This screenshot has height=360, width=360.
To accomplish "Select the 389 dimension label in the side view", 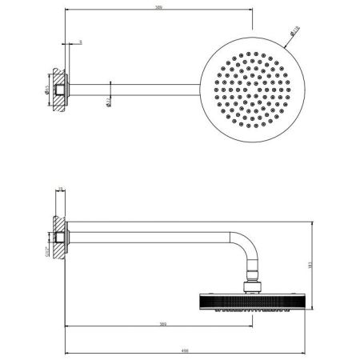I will click(x=162, y=324).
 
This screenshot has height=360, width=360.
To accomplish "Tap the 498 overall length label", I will click(x=185, y=349).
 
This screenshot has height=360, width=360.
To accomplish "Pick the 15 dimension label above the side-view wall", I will click(x=60, y=190).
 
